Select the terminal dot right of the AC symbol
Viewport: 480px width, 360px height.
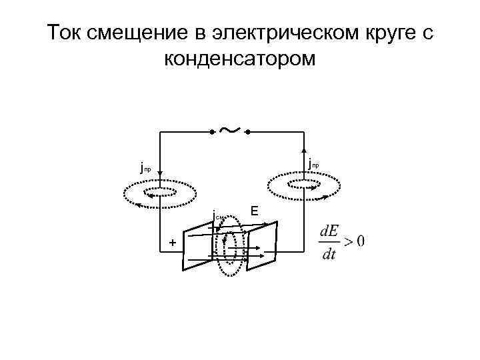247,133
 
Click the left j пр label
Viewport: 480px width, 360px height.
146,169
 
